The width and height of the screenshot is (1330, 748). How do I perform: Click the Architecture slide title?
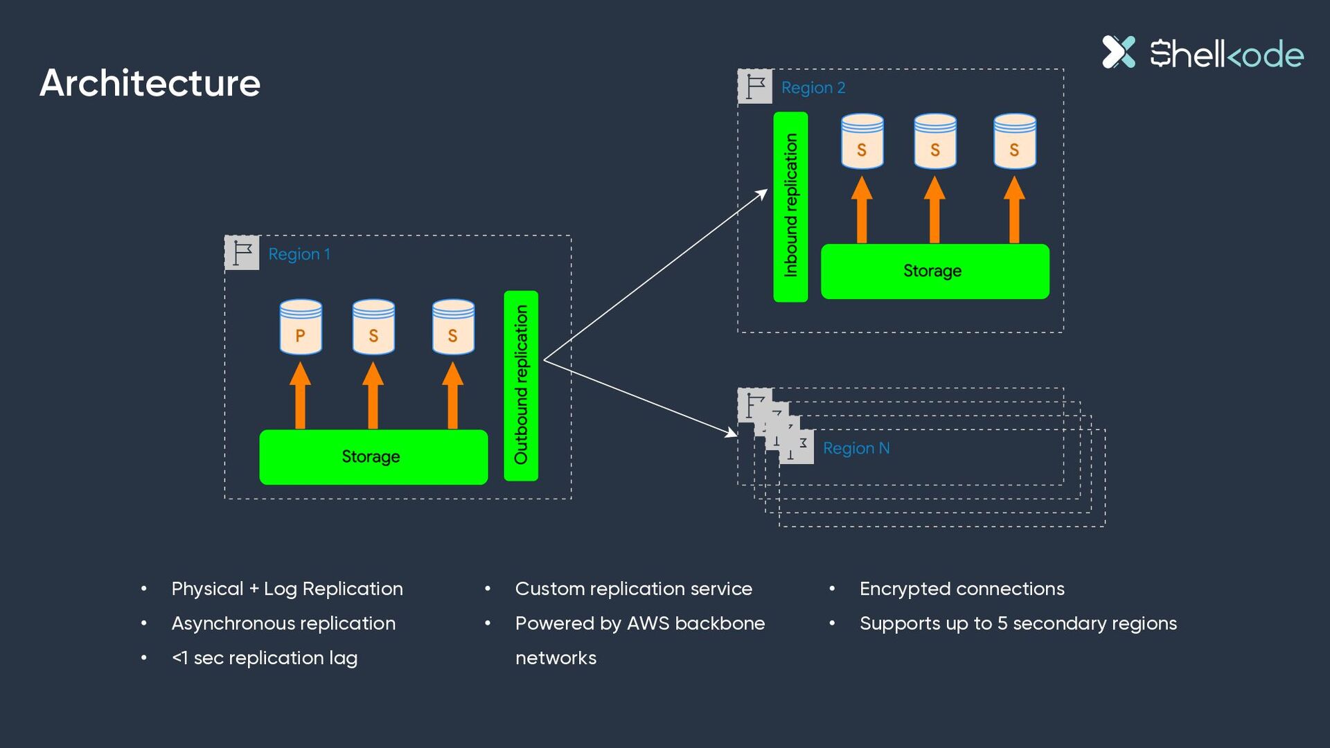[x=150, y=83]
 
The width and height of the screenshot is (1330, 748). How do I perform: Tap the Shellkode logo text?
[x=1227, y=53]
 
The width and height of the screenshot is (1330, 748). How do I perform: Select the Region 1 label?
[x=299, y=254]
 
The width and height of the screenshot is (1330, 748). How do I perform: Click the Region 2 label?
[x=813, y=88]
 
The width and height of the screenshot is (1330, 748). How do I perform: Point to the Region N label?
[x=856, y=448]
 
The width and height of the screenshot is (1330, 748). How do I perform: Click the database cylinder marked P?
[x=301, y=327]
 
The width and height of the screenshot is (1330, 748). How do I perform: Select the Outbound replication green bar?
[x=521, y=386]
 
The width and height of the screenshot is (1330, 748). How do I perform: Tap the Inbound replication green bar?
[x=790, y=207]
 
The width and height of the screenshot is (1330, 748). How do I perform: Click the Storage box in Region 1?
[x=373, y=457]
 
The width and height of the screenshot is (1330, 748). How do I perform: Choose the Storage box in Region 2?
[x=935, y=271]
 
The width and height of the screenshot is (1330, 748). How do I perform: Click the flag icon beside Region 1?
[x=242, y=253]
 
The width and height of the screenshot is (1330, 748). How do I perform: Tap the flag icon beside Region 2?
[x=755, y=87]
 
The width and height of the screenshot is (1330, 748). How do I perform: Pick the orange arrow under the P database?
[x=300, y=395]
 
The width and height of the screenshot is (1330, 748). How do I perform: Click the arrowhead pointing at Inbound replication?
[x=762, y=195]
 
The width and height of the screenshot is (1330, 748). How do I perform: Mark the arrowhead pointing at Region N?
[x=731, y=433]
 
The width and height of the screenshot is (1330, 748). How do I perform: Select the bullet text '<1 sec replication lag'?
[x=265, y=658]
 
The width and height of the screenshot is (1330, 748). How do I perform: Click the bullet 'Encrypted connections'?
[x=962, y=589]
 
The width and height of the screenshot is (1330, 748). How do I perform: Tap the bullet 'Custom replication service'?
[x=634, y=589]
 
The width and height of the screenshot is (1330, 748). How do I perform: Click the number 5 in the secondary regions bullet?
[x=1002, y=623]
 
